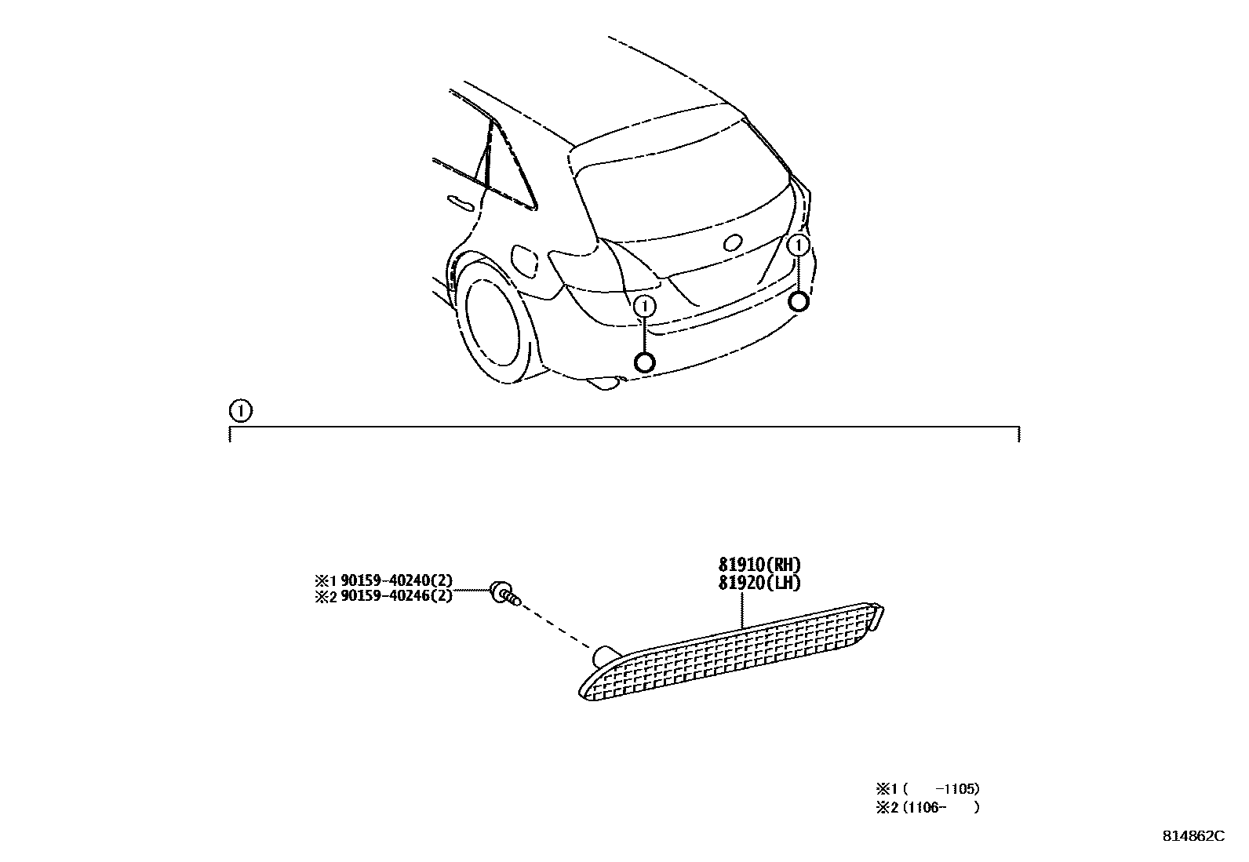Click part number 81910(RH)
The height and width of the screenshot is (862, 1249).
[759, 565]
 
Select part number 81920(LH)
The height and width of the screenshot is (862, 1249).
[759, 583]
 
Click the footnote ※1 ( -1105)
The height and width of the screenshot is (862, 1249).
[928, 789]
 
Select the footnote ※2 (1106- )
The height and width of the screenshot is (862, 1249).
[928, 806]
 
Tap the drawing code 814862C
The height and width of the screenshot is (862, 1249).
[1193, 836]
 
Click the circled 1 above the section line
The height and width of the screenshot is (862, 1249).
[240, 410]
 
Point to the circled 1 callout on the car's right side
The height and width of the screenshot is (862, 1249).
[799, 246]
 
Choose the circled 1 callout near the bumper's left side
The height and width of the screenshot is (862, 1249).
[645, 306]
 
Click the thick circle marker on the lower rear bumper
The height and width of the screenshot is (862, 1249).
[644, 362]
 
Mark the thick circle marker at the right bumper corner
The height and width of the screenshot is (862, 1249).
[799, 302]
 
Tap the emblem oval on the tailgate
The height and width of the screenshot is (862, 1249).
[734, 243]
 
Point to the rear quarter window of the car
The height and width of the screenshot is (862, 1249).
[510, 169]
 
